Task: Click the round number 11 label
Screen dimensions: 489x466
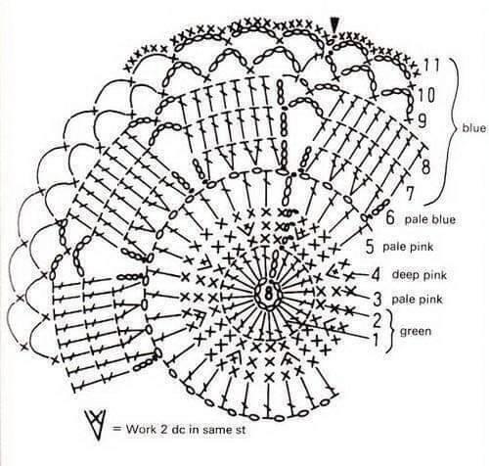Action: [432, 66]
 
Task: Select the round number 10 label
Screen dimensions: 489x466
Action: [426, 96]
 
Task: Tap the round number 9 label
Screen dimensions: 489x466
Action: [422, 120]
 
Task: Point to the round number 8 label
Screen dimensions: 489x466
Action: [426, 166]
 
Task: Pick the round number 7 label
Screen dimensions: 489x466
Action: [410, 193]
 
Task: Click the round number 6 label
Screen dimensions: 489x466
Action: [390, 217]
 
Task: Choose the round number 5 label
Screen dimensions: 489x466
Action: [370, 247]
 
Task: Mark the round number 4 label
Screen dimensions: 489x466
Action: [376, 275]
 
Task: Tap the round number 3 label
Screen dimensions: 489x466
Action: [377, 299]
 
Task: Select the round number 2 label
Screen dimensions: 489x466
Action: [377, 320]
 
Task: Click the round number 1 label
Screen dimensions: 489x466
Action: [376, 340]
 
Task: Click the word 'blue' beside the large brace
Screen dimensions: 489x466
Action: [474, 128]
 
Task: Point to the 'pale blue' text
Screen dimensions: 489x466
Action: [430, 219]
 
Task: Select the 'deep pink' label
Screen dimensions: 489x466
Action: [420, 275]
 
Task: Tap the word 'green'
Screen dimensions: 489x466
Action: [416, 332]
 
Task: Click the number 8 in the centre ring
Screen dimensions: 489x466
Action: [269, 295]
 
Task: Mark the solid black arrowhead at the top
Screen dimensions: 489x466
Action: [334, 24]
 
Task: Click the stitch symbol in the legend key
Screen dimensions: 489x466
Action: [95, 424]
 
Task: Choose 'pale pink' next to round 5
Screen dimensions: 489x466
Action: [408, 247]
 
